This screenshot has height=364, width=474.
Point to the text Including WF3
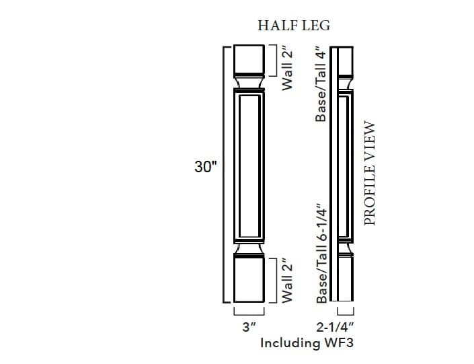307,342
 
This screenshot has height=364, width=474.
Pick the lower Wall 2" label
288,280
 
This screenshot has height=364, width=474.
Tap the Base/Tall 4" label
321,85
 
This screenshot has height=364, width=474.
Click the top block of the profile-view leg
345,61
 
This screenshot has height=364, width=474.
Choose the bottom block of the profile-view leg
345,279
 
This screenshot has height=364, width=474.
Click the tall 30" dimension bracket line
224,175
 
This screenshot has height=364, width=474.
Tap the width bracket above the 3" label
250,314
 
